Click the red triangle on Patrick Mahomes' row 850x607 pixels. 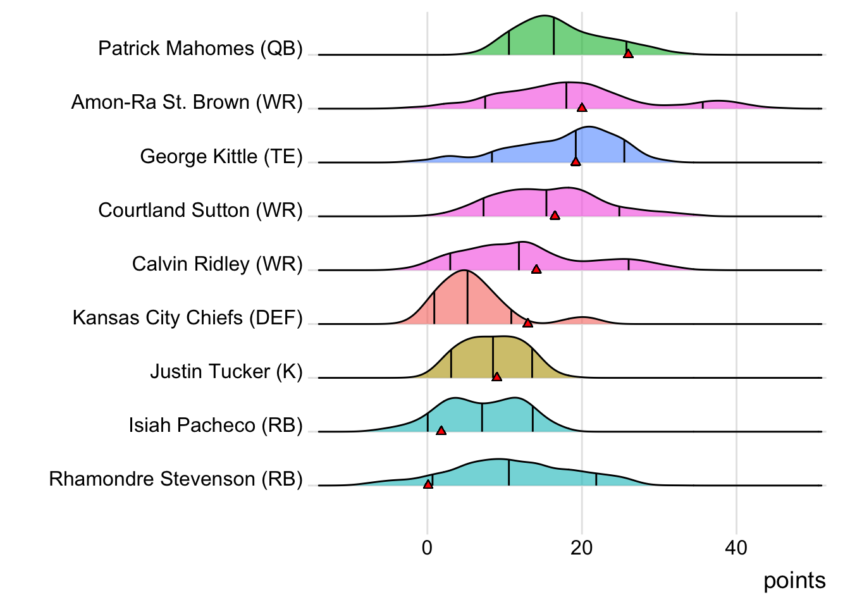[x=628, y=54]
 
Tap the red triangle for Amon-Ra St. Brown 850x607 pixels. [x=582, y=108]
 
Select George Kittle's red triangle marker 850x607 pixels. [x=576, y=162]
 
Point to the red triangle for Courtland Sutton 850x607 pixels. [x=555, y=216]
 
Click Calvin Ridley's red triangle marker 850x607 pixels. [x=536, y=269]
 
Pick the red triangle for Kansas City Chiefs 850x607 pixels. [x=527, y=323]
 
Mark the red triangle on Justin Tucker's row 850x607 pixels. [x=497, y=377]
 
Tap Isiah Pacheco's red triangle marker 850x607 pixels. [x=441, y=431]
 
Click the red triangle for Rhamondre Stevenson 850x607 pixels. [x=428, y=484]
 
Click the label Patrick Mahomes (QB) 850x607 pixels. [x=200, y=49]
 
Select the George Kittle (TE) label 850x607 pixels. [x=221, y=156]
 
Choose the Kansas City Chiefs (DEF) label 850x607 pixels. [x=188, y=317]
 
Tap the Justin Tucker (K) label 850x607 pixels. [x=226, y=371]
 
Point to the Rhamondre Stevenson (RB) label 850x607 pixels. [x=176, y=479]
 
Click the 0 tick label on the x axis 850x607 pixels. [x=428, y=548]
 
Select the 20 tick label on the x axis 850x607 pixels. [x=582, y=548]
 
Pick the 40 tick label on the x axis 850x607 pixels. [x=736, y=548]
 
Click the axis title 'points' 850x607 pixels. [x=794, y=580]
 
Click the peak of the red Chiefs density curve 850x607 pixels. [x=465, y=271]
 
